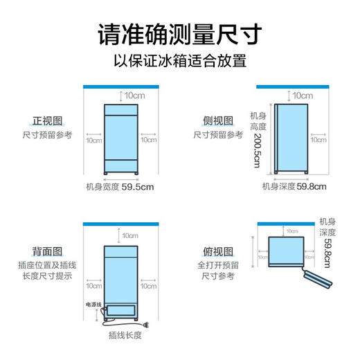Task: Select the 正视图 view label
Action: pyautogui.click(x=46, y=120)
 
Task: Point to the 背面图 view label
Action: pyautogui.click(x=46, y=251)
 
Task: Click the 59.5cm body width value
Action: pyautogui.click(x=138, y=186)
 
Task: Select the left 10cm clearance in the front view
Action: pyautogui.click(x=93, y=140)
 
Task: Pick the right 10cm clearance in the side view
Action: pyautogui.click(x=318, y=140)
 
